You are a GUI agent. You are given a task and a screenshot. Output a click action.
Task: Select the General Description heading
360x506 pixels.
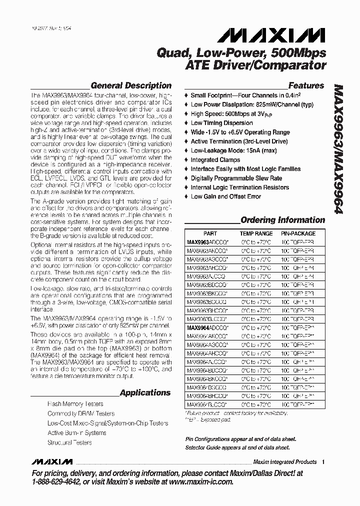pos(130,85)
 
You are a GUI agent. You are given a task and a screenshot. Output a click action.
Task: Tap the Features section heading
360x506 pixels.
pos(306,85)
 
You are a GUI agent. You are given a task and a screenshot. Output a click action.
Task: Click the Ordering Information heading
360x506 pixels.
pos(282,220)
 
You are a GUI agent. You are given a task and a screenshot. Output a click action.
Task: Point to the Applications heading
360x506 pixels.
pos(145,392)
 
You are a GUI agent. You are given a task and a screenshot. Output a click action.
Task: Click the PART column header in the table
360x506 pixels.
pos(210,233)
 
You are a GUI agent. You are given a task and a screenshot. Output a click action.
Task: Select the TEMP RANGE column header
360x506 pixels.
pos(256,233)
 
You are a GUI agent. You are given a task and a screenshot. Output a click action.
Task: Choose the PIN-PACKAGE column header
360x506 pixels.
pos(298,233)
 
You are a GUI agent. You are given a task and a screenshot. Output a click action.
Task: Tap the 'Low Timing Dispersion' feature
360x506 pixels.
pos(221,123)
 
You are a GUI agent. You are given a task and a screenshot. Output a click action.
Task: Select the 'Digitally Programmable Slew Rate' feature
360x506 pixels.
pos(236,178)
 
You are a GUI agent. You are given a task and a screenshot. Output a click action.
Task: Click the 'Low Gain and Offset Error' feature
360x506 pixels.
pos(225,196)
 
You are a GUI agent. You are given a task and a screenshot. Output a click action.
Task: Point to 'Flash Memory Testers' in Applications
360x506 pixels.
pos(75,404)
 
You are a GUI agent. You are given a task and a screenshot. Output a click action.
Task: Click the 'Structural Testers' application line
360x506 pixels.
pos(69,442)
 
